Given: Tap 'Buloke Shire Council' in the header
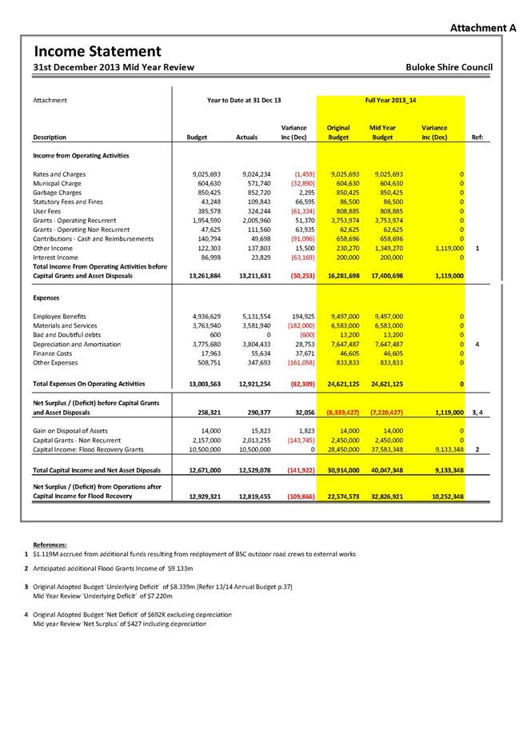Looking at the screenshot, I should click(449, 68).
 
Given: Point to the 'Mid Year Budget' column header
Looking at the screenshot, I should click(382, 133).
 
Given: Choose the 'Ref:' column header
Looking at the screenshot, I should click(477, 137).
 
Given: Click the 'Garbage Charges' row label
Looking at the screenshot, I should click(57, 193).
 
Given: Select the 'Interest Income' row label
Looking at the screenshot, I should click(56, 257).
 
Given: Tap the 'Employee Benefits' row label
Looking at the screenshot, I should click(61, 317).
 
